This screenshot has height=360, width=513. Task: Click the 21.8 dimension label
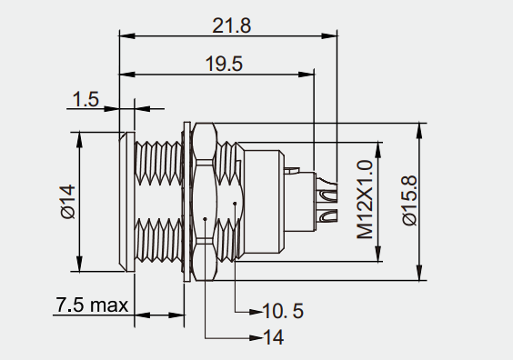[232, 25]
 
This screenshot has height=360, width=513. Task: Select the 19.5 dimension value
[224, 64]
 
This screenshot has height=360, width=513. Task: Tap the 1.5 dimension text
[85, 99]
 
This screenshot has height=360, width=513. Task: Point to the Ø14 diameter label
[68, 202]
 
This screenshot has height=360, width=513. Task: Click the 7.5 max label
[92, 305]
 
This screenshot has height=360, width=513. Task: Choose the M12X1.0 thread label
[365, 199]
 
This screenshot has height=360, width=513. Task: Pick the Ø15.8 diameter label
[409, 200]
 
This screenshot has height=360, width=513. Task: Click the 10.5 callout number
[283, 311]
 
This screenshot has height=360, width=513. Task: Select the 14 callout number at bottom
[274, 337]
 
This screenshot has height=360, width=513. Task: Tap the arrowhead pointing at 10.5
[256, 312]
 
